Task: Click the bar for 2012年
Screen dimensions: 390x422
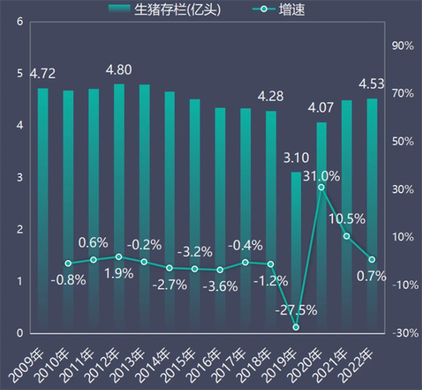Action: click(x=119, y=208)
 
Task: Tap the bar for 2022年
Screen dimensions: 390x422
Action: click(x=372, y=215)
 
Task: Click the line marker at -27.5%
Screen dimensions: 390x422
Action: click(x=296, y=327)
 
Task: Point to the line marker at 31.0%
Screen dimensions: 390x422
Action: click(x=321, y=187)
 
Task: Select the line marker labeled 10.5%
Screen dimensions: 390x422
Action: click(x=347, y=236)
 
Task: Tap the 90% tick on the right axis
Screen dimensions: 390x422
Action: click(x=402, y=46)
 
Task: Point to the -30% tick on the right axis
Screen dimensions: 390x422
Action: click(x=402, y=333)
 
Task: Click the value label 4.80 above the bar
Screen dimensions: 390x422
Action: click(x=118, y=70)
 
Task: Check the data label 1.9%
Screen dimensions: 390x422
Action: click(x=119, y=273)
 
